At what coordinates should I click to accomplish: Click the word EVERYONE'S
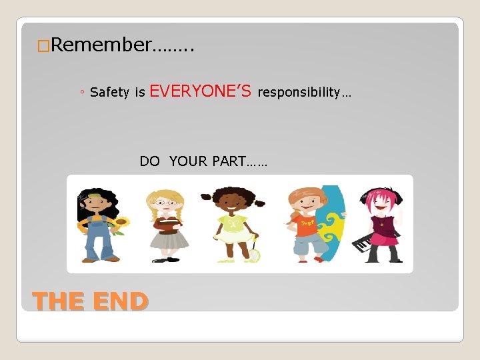tap(201, 91)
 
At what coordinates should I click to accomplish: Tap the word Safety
tap(109, 93)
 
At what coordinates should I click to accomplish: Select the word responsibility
tap(299, 92)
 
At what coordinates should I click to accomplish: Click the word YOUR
tap(188, 161)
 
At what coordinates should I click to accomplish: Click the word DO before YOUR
tap(149, 161)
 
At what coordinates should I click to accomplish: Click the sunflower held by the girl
tap(121, 223)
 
